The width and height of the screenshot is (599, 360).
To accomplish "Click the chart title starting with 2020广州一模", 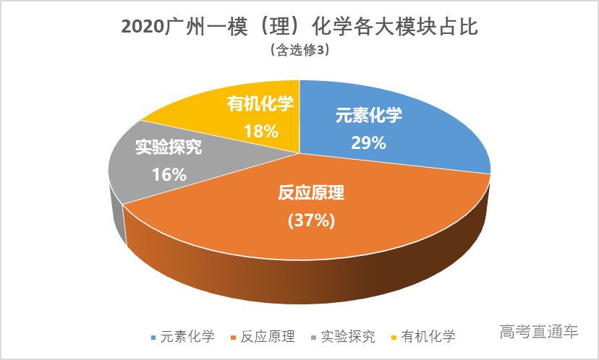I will pyautogui.click(x=299, y=27).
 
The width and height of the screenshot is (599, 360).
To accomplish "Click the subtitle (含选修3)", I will pyautogui.click(x=299, y=51).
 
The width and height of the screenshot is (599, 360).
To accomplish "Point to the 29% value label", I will pyautogui.click(x=368, y=142).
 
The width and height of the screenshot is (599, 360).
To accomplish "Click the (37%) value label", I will pyautogui.click(x=311, y=220).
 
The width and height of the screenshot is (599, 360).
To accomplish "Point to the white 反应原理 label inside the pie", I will pyautogui.click(x=312, y=194).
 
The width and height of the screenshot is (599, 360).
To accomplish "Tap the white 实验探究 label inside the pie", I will pyautogui.click(x=169, y=147).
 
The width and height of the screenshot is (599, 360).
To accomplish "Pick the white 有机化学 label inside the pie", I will pyautogui.click(x=260, y=104).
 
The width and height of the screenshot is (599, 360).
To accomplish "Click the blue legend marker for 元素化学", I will pyautogui.click(x=153, y=337).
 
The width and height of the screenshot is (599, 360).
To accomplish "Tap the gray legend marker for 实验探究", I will pyautogui.click(x=314, y=337).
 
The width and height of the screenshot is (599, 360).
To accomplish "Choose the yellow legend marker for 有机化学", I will pyautogui.click(x=394, y=337).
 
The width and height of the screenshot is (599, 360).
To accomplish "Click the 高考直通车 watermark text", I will pyautogui.click(x=539, y=333).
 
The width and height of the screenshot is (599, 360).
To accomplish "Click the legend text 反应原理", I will pyautogui.click(x=268, y=337).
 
